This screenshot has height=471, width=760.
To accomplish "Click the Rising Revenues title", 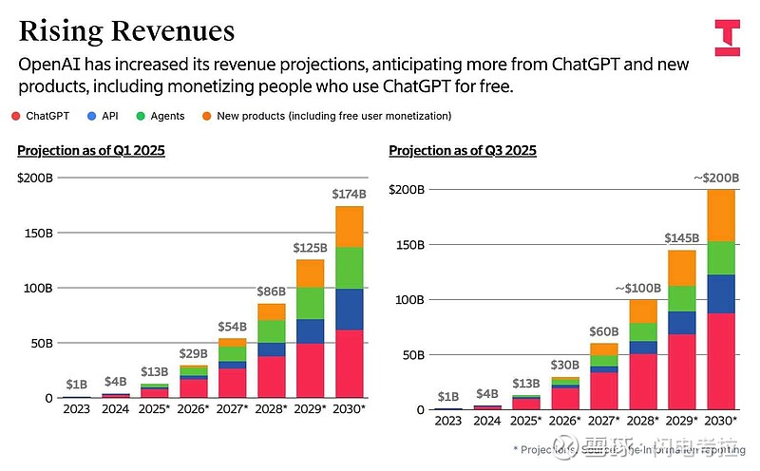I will coord(126,30).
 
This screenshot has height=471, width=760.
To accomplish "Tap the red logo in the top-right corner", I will coord(727,36).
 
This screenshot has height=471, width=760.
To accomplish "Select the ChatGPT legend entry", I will coord(42,116).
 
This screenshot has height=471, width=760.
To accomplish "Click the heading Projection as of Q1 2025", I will coord(91,150).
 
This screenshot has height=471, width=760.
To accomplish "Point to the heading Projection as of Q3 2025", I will coord(463,150).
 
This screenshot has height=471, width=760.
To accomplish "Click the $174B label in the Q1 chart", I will coord(349,194).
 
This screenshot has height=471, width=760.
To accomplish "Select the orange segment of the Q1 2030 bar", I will coord(349,226).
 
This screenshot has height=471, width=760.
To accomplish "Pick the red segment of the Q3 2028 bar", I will coord(642,381).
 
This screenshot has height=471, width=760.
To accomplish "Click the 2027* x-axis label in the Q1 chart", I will coord(233,409).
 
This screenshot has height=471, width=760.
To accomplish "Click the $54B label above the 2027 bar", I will coord(233,326).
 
